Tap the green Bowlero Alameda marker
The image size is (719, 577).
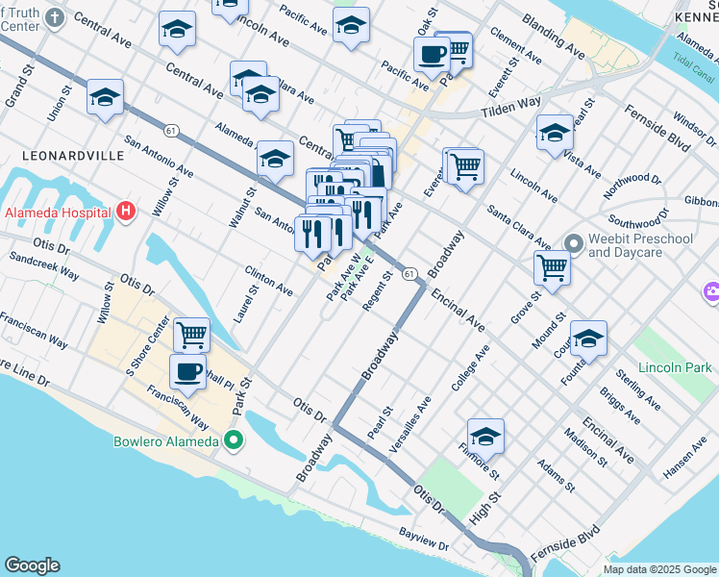(x=233, y=442)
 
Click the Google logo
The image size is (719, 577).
(x=32, y=565)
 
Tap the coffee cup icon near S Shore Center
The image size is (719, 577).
(x=187, y=370)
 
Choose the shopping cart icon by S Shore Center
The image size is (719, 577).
(x=192, y=335)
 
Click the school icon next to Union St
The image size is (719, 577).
(x=105, y=96)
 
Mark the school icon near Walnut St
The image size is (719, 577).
(x=275, y=158)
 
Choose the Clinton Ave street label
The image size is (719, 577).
(x=269, y=282)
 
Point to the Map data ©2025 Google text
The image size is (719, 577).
(x=659, y=568)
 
